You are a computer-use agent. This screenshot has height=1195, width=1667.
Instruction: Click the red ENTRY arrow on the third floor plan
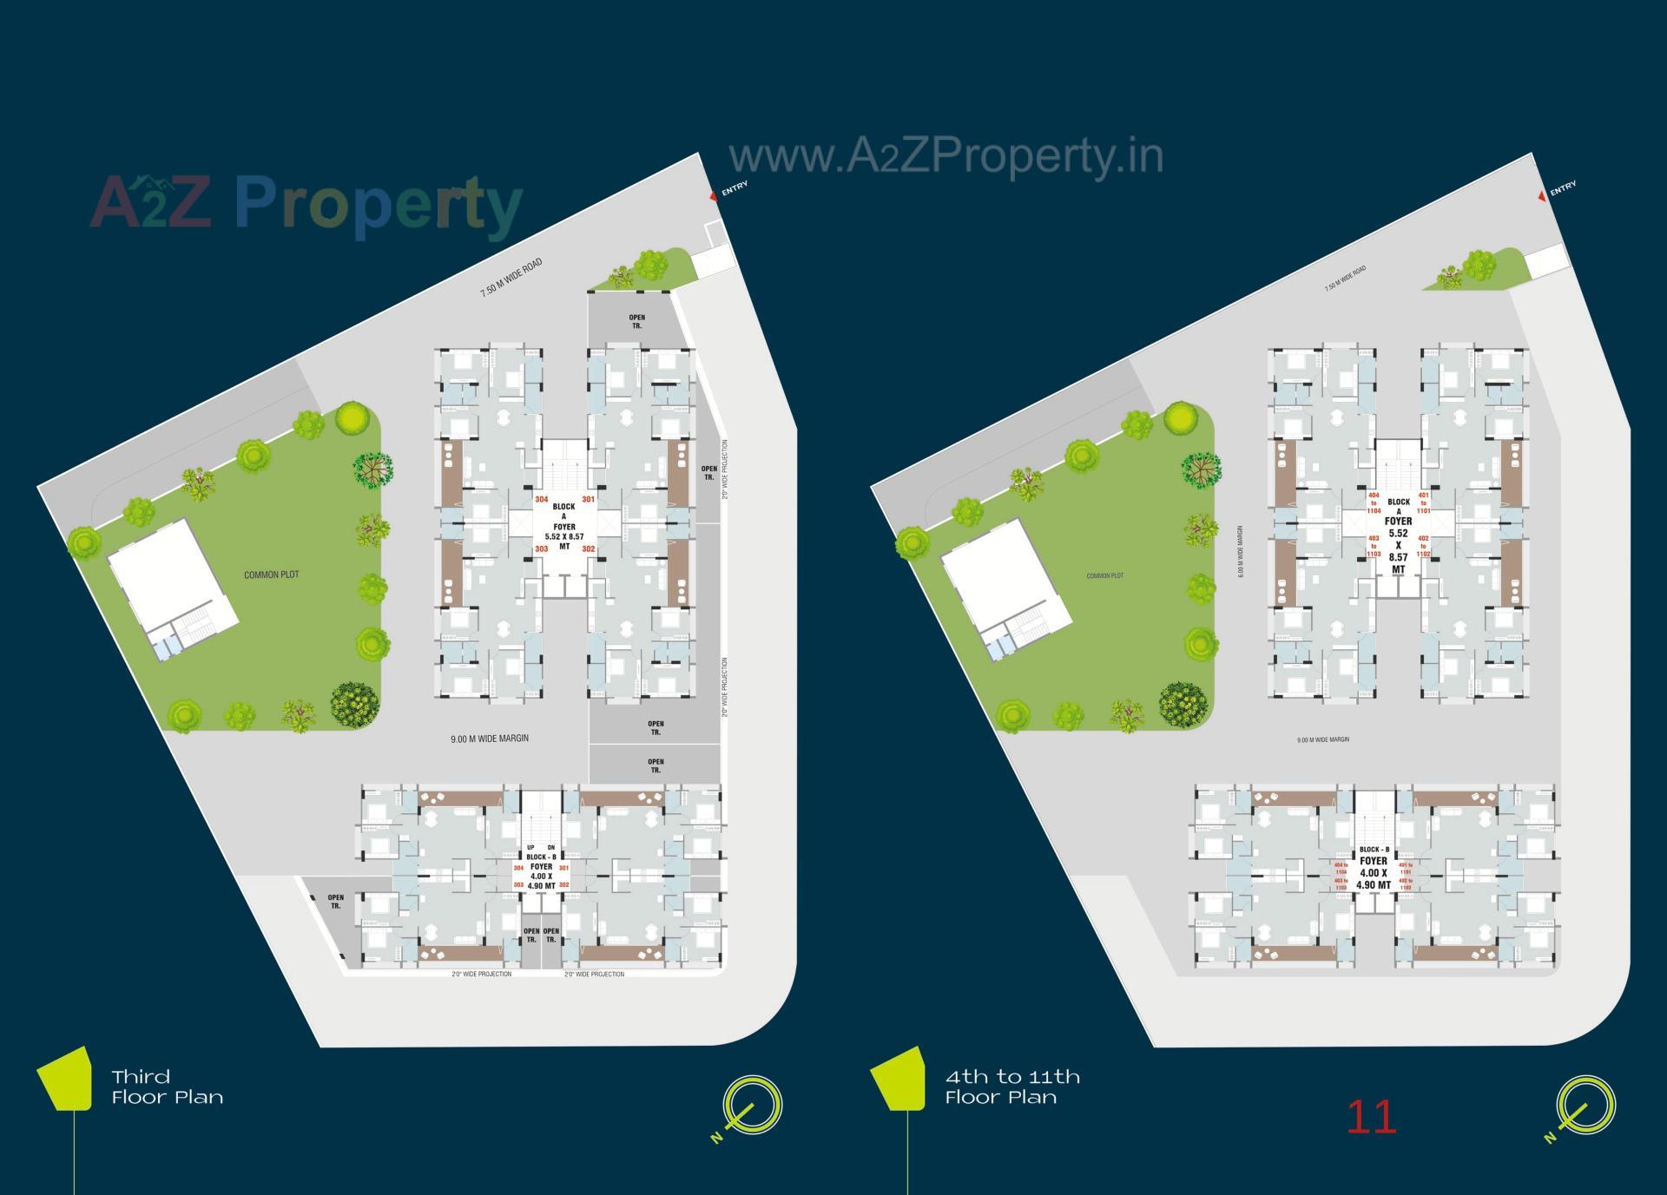pyautogui.click(x=715, y=196)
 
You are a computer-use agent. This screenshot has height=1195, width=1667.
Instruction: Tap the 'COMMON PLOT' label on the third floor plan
pyautogui.click(x=271, y=575)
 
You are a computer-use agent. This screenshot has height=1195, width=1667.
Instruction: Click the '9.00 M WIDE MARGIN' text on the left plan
pyautogui.click(x=489, y=739)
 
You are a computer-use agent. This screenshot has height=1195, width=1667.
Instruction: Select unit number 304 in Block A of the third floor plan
pyautogui.click(x=541, y=499)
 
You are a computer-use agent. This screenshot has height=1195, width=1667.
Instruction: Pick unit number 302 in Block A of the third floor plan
pyautogui.click(x=588, y=548)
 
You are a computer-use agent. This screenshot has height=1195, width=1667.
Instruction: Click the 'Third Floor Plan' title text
pyautogui.click(x=167, y=1087)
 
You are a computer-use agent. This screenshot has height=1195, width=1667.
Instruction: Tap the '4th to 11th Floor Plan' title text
pyautogui.click(x=1012, y=1087)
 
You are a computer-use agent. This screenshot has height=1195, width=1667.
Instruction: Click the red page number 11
pyautogui.click(x=1371, y=1118)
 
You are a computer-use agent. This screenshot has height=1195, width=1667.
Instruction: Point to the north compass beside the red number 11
pyautogui.click(x=1585, y=1106)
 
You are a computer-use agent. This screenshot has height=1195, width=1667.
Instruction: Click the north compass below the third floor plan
pyautogui.click(x=752, y=1106)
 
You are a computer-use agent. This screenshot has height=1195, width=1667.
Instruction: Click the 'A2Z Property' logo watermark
pyautogui.click(x=306, y=205)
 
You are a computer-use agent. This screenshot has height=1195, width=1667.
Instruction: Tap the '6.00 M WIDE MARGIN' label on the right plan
pyautogui.click(x=1241, y=551)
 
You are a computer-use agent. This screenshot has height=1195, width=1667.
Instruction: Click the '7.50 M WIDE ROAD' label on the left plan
pyautogui.click(x=511, y=278)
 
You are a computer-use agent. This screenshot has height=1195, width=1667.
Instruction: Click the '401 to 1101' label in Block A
pyautogui.click(x=1423, y=502)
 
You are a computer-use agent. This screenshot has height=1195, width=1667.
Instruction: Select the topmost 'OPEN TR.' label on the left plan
pyautogui.click(x=636, y=321)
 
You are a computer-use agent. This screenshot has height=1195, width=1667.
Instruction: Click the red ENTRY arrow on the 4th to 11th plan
pyautogui.click(x=1542, y=196)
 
